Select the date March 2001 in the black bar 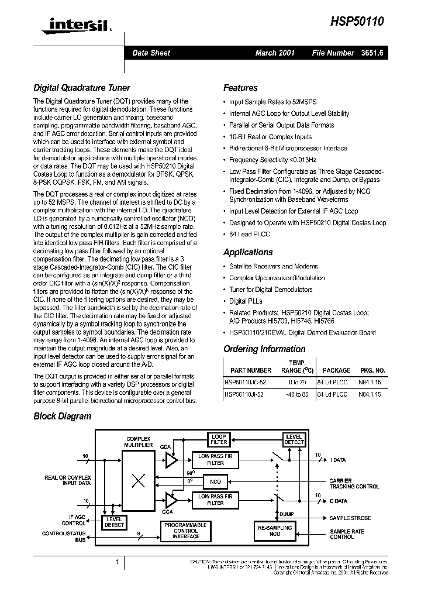pos(275,53)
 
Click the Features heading pos(240,88)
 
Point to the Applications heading pos(248,252)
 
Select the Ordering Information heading pos(264,349)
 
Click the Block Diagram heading pos(62,417)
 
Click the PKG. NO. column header pos(372,370)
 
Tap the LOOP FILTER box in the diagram pos(219,440)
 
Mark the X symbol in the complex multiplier pos(138,481)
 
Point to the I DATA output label pos(338,460)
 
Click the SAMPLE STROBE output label pos(350,518)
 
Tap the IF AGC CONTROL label pos(74,519)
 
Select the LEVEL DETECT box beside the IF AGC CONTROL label pos(114,522)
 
